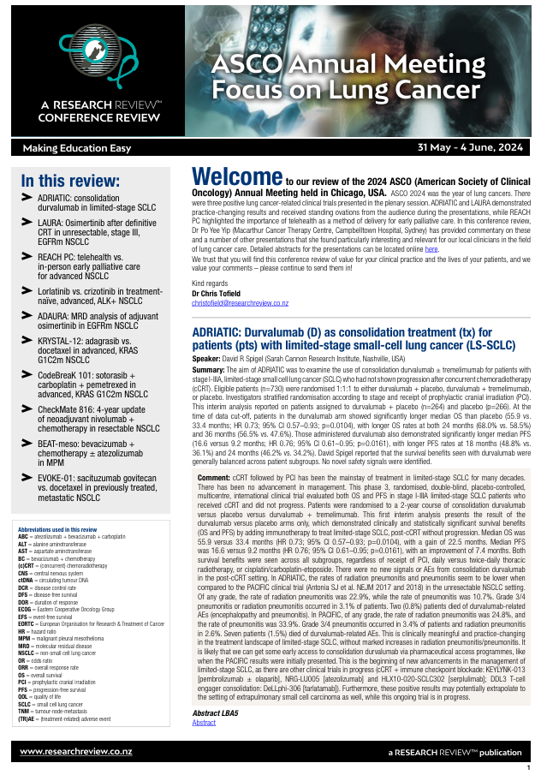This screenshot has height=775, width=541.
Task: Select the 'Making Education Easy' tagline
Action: [77, 148]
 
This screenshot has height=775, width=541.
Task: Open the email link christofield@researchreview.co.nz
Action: [240, 303]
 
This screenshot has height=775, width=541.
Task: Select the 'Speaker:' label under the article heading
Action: [205, 359]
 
